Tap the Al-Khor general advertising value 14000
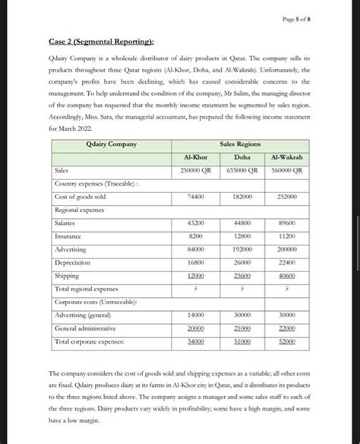click(195, 315)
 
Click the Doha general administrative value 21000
click(243, 328)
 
